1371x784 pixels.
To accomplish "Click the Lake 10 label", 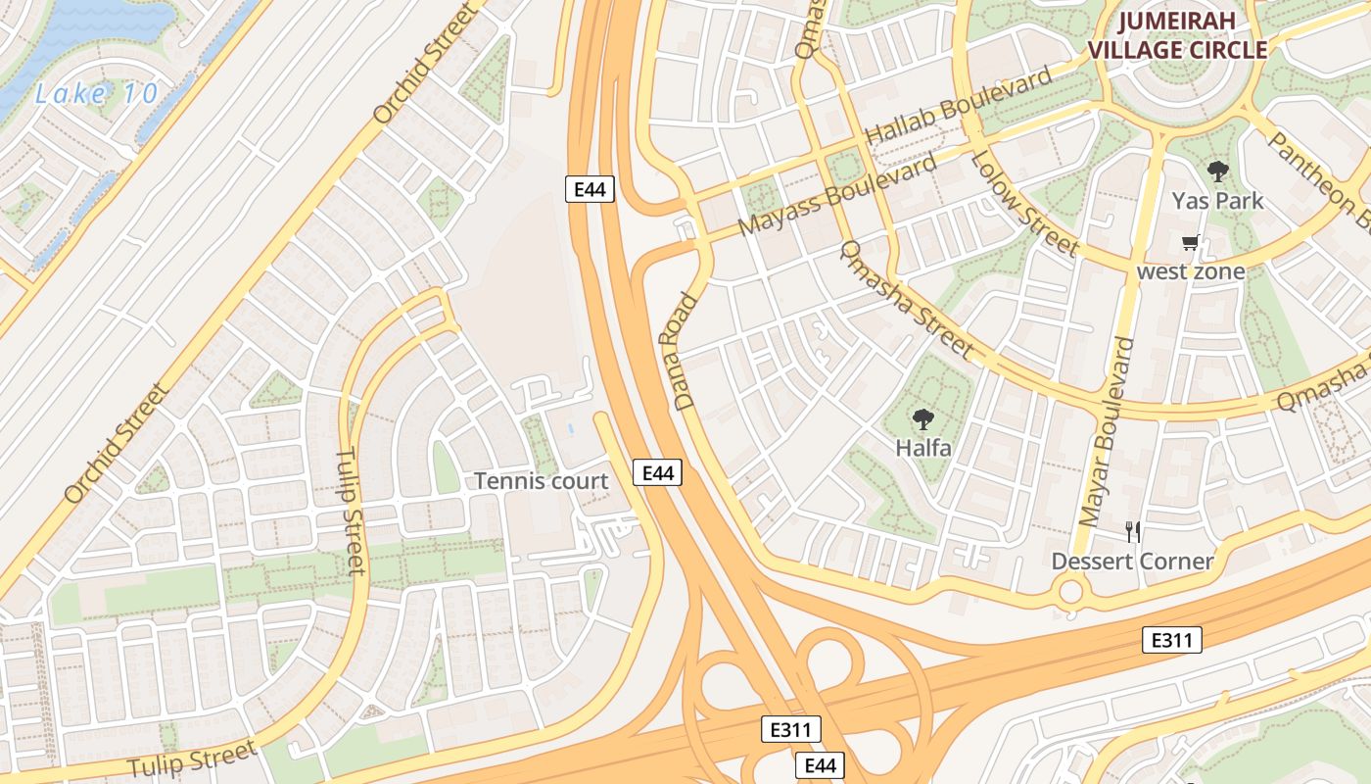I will point(96,94).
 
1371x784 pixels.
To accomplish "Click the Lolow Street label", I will point(1023,203).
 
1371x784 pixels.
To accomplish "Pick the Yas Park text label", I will point(1217,201).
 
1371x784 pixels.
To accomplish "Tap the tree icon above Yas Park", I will point(1217,172).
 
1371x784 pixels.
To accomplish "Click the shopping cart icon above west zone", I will point(1190,242).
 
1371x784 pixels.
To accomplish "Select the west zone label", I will point(1190,270).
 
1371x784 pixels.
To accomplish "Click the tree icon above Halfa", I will point(922,420).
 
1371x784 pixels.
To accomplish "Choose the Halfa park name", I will point(923,449).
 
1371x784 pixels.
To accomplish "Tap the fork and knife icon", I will point(1133,532).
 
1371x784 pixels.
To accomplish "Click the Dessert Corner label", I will point(1132,562).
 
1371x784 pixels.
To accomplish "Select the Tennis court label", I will point(541,481).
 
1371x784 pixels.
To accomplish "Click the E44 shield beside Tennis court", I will point(657,473).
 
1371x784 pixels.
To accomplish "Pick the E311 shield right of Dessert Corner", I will point(1171,641).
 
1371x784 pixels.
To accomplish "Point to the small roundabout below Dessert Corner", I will point(1070,591).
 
